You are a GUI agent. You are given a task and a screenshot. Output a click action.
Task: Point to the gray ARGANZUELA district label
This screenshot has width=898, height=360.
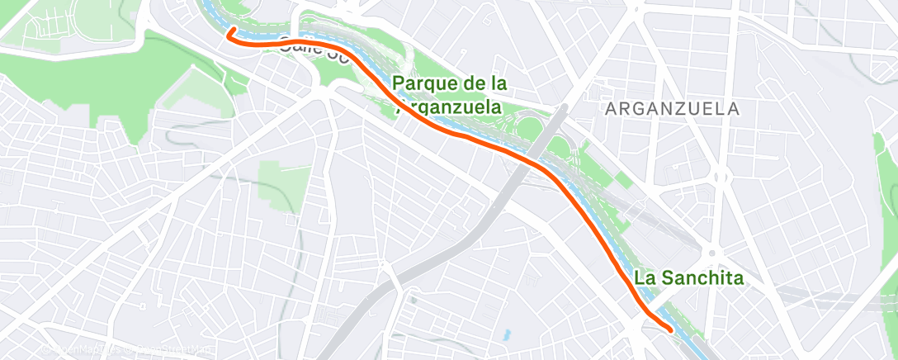click(672, 109)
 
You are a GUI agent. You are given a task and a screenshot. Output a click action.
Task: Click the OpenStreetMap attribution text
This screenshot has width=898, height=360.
click(164, 350)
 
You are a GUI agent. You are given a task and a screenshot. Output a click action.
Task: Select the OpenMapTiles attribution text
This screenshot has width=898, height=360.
click(78, 350)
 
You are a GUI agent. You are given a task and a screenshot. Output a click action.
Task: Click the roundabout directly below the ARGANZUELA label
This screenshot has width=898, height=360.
click(720, 177)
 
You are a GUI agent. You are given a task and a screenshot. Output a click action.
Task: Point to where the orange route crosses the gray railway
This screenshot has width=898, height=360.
click(541, 166)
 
